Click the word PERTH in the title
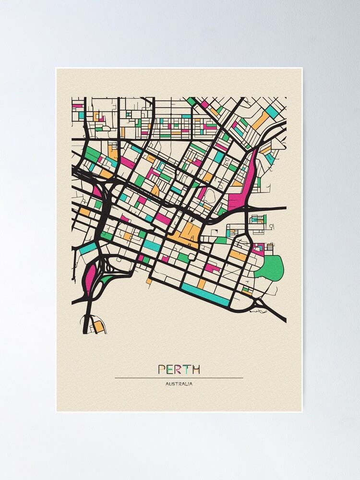click(x=179, y=369)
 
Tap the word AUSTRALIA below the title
click(x=179, y=384)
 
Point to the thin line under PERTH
click(x=179, y=378)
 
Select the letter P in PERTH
click(x=162, y=369)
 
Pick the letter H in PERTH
click(x=195, y=369)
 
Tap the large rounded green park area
click(x=270, y=268)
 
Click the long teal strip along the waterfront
click(x=205, y=294)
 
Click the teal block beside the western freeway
click(x=88, y=249)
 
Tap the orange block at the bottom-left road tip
click(x=98, y=327)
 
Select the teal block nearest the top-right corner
click(x=272, y=112)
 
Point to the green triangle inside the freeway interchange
click(x=106, y=279)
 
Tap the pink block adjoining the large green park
click(x=258, y=248)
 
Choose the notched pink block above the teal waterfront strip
click(x=212, y=267)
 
